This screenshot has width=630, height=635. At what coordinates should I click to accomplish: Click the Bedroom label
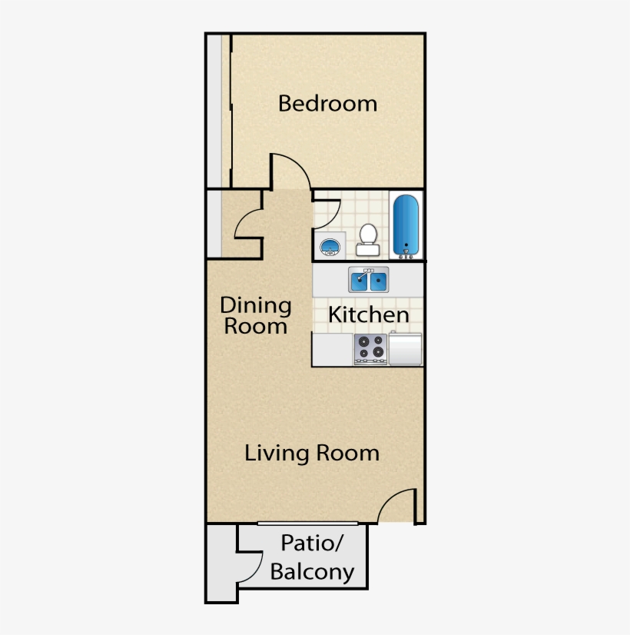(x=327, y=103)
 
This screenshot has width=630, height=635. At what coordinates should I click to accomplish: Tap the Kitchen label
(x=368, y=314)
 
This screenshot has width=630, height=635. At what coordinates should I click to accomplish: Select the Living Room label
(x=312, y=453)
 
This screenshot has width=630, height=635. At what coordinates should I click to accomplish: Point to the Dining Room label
(x=256, y=315)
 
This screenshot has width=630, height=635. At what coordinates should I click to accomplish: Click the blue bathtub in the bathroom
(x=406, y=224)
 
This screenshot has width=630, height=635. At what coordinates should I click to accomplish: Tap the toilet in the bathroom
(x=368, y=238)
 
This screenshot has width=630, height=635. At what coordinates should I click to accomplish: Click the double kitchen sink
(x=368, y=281)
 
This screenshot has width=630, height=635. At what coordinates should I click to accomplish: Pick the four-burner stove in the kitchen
(x=370, y=349)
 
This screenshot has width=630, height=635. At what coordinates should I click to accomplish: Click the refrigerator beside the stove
(x=406, y=349)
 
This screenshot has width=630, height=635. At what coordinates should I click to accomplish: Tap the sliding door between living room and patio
(x=312, y=524)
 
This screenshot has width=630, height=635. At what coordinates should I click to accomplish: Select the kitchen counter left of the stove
(x=332, y=350)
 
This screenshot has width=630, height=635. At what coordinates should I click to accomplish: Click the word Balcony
(x=312, y=572)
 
